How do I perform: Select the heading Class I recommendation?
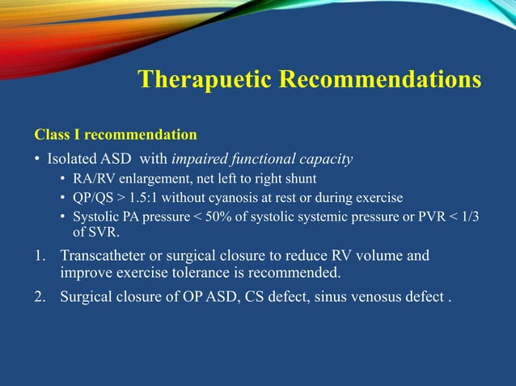115,133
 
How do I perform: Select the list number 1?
39,256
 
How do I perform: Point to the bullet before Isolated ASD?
37,159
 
